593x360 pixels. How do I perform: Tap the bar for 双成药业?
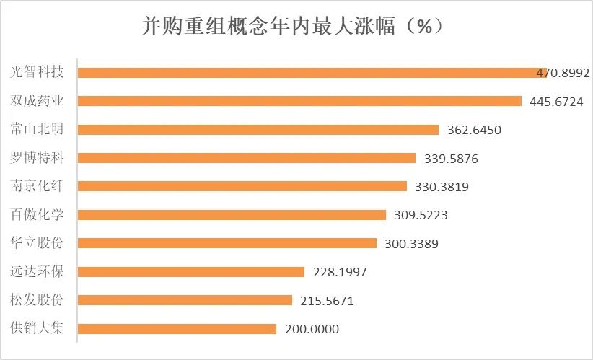click(299, 101)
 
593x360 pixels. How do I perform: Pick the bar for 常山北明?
click(258, 130)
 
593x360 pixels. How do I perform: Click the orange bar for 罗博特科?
click(246, 158)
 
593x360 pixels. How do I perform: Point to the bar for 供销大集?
click(177, 329)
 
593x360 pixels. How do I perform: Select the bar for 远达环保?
click(190, 272)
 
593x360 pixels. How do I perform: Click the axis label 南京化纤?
click(38, 186)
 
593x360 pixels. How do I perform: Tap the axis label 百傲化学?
click(38, 214)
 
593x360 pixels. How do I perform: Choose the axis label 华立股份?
click(38, 243)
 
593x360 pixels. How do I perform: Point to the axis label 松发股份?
click(38, 300)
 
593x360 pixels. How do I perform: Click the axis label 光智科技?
click(38, 72)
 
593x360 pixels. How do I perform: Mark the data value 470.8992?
click(563, 73)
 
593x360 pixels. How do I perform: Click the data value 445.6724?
click(556, 102)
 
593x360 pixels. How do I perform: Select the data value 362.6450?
click(474, 131)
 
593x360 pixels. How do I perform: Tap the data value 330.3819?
click(442, 187)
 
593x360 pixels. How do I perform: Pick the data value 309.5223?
click(421, 216)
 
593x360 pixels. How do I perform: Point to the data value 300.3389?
click(411, 244)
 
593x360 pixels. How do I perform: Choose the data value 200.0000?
click(312, 330)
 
